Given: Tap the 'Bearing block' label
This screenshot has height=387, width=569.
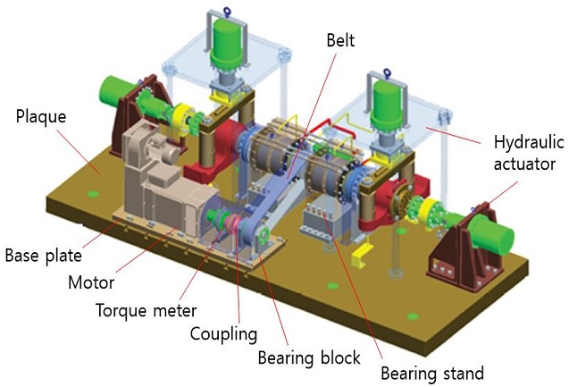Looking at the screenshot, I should [307, 358].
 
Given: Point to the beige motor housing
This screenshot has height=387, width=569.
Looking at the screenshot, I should [161, 179].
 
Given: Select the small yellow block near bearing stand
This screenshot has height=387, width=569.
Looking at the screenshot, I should [362, 258].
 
